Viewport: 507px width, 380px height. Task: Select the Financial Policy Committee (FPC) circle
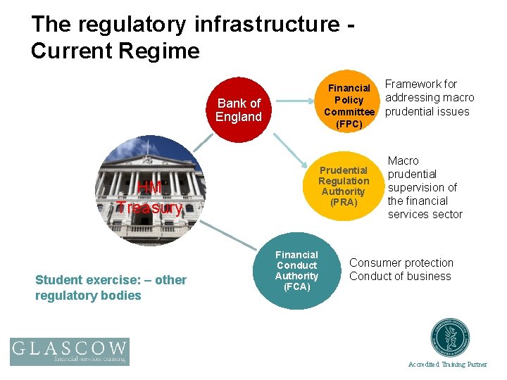click(x=349, y=106)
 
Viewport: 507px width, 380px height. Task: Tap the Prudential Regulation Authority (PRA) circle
click(x=344, y=186)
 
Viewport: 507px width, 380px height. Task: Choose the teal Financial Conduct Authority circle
click(x=296, y=271)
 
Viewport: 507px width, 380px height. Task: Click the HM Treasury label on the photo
click(x=149, y=198)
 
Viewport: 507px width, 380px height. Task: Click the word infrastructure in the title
click(x=263, y=24)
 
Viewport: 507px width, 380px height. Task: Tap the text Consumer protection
click(x=401, y=263)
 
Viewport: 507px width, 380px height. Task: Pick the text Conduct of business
click(x=400, y=276)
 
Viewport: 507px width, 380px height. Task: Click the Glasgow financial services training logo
click(x=69, y=351)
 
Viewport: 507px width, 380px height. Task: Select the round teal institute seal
click(x=451, y=338)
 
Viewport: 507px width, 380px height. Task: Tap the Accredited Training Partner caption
click(x=448, y=364)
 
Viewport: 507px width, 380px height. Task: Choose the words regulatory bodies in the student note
click(x=88, y=296)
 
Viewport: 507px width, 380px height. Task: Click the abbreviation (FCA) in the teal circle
click(x=296, y=286)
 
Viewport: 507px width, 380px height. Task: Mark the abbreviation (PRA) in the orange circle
click(x=344, y=202)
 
